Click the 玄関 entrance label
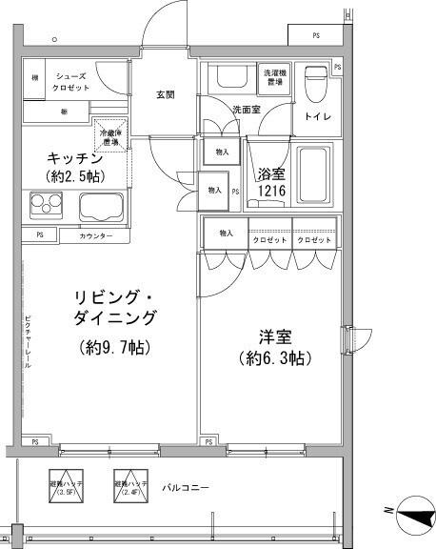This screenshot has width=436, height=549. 165,94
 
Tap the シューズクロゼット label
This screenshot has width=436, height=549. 72,83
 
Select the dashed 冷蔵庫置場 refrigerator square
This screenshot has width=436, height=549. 112,135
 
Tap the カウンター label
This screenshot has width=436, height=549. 96,235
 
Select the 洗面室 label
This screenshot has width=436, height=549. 247,110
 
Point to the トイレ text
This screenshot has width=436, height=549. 316,116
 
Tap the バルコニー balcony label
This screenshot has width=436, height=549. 185,489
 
